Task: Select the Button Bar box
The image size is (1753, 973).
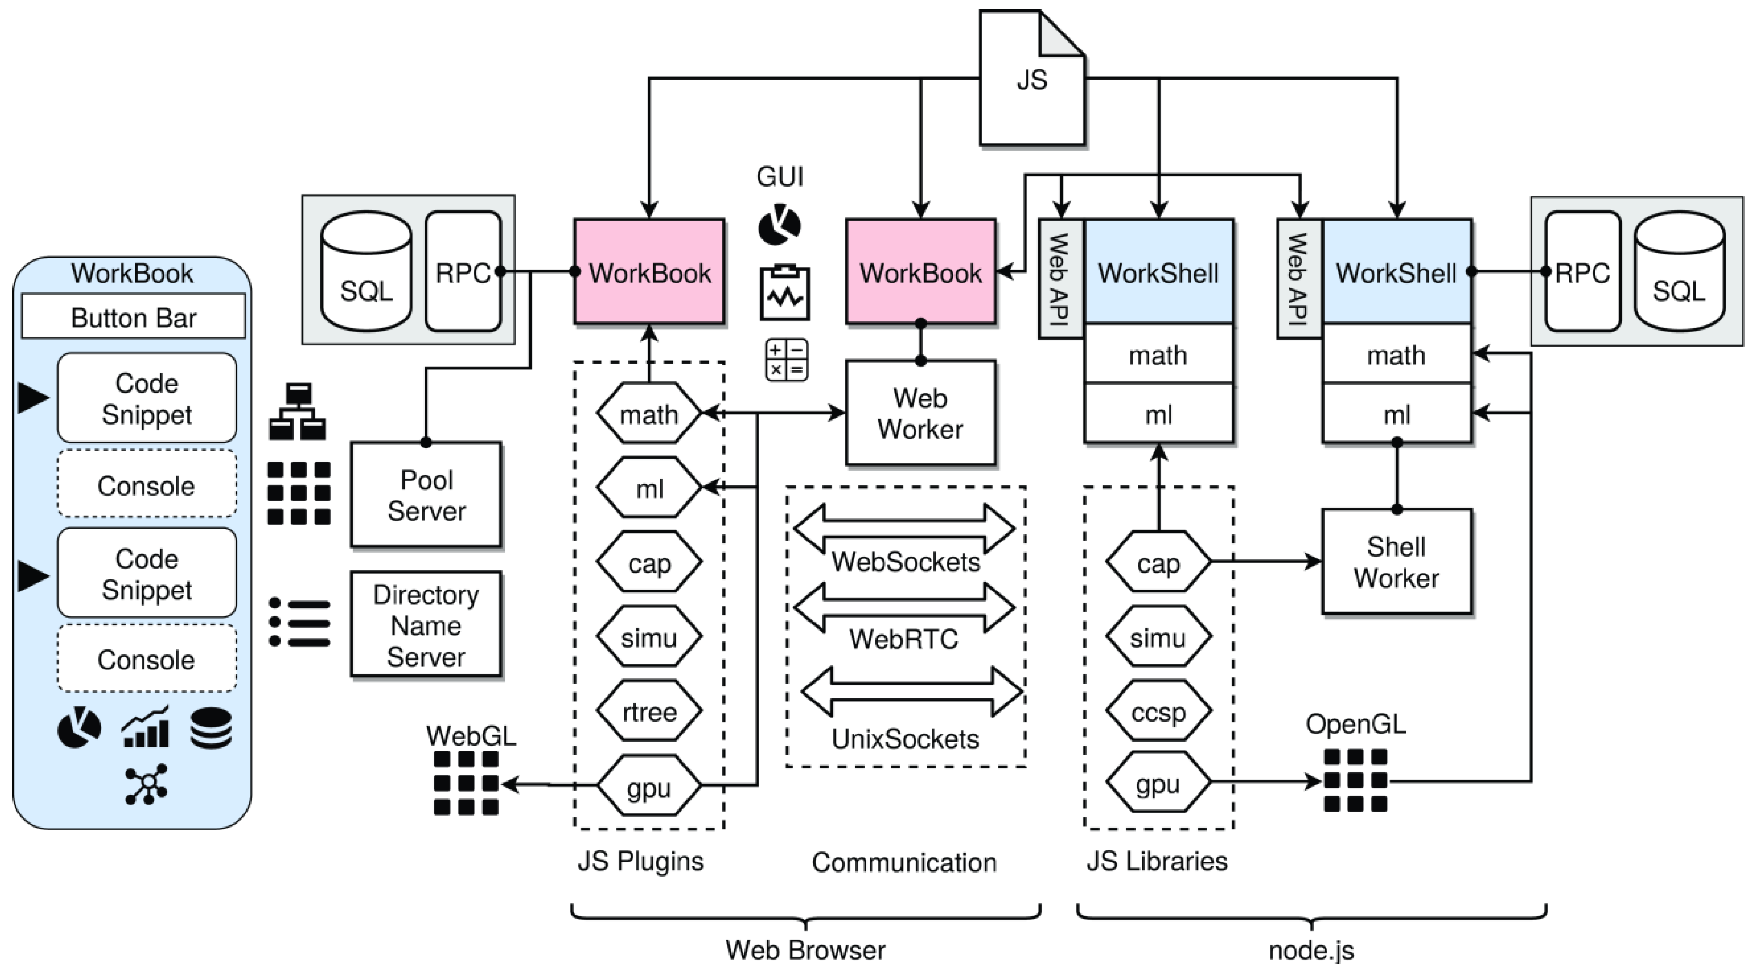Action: [133, 317]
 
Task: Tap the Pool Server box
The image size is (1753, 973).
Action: [426, 495]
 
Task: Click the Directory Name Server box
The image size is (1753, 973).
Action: [426, 624]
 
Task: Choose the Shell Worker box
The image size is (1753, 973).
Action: [1396, 562]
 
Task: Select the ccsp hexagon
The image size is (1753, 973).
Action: [1158, 712]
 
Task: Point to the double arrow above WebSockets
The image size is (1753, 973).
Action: [904, 528]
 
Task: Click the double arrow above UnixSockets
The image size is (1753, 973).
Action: [912, 691]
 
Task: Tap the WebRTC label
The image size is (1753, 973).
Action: [904, 638]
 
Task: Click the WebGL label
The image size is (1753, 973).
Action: [471, 735]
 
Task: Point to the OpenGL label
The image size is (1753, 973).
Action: [1356, 724]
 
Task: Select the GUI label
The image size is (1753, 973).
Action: [780, 176]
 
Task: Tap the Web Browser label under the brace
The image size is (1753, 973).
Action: [805, 950]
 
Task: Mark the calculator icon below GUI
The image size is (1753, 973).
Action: [787, 360]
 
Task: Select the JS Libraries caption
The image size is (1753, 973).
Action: [1157, 861]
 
